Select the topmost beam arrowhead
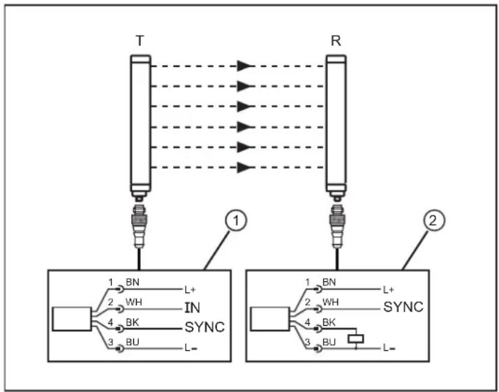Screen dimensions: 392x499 (243, 66)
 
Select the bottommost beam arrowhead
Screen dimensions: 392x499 (243, 167)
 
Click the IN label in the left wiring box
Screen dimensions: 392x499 (193, 307)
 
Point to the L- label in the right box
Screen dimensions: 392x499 (389, 347)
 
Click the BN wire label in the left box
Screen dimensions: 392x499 (132, 283)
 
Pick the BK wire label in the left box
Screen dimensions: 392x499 (132, 323)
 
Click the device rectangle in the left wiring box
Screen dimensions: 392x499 (70, 317)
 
